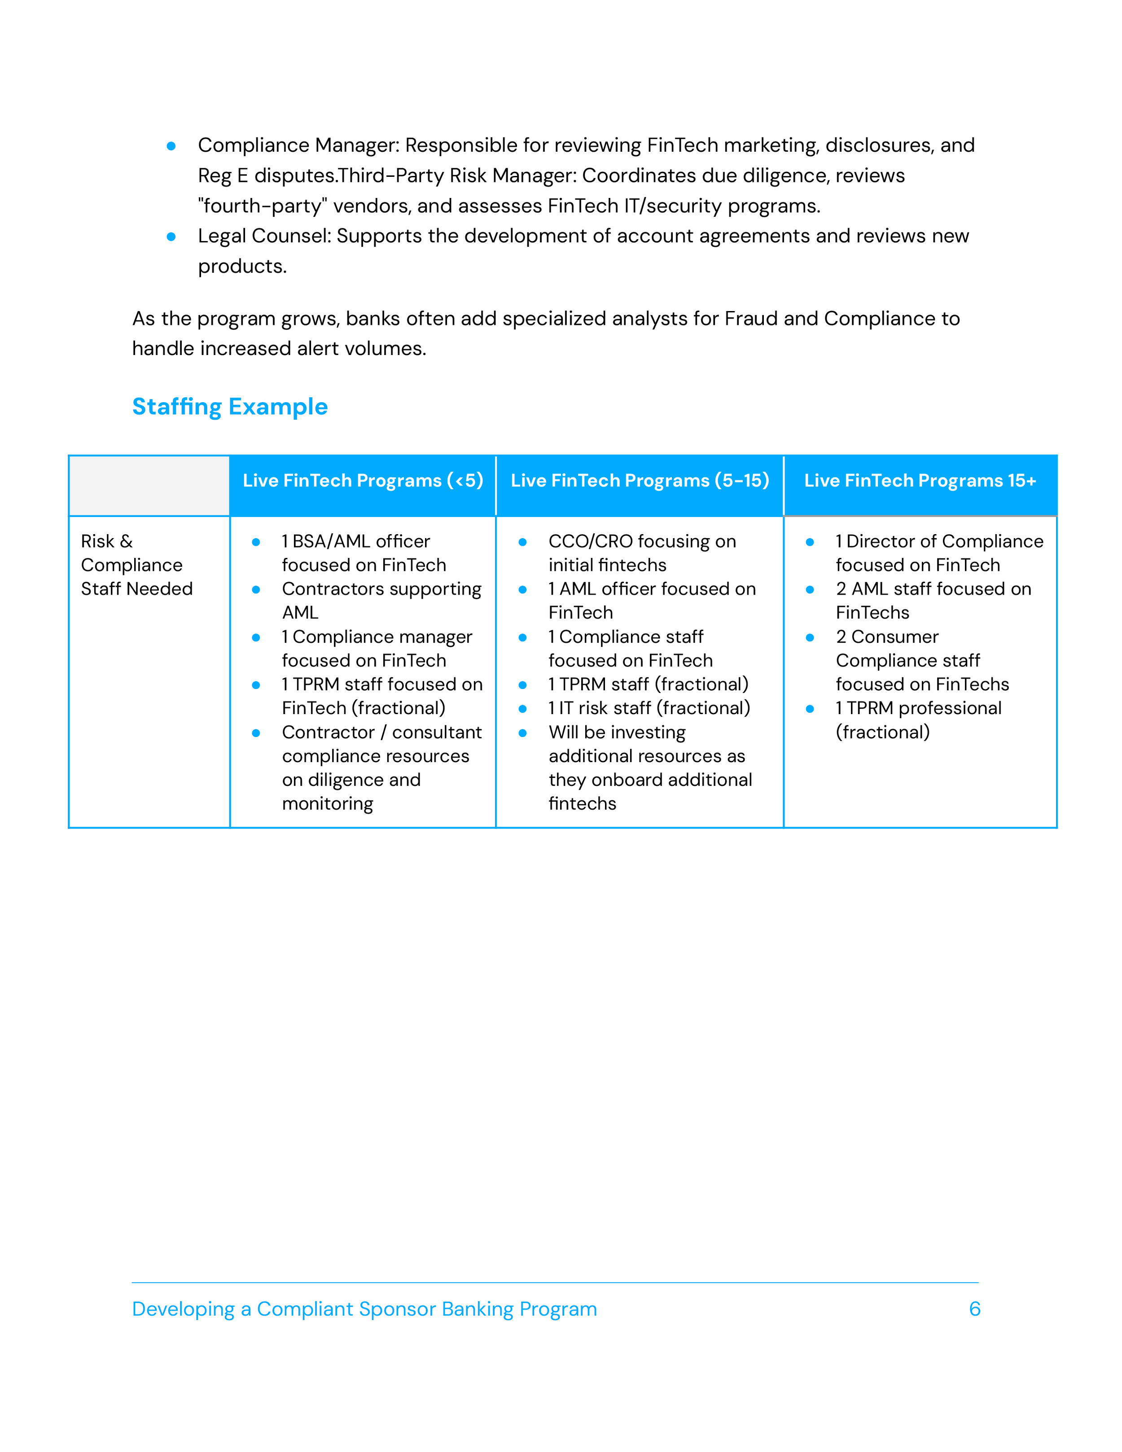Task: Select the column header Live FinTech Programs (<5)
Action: [x=363, y=481]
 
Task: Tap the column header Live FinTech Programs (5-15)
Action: [x=640, y=481]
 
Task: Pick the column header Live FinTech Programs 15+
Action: [x=920, y=481]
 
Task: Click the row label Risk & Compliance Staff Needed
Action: [x=136, y=565]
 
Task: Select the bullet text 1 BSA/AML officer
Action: [x=355, y=541]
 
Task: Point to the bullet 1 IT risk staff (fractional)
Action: [x=649, y=708]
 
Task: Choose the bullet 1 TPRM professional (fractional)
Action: [x=918, y=719]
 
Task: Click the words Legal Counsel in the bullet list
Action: [x=264, y=236]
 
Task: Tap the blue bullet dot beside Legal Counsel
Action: [x=171, y=237]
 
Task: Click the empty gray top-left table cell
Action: [x=149, y=485]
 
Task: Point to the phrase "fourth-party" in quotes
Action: [x=263, y=206]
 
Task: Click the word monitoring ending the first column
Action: [x=327, y=804]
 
